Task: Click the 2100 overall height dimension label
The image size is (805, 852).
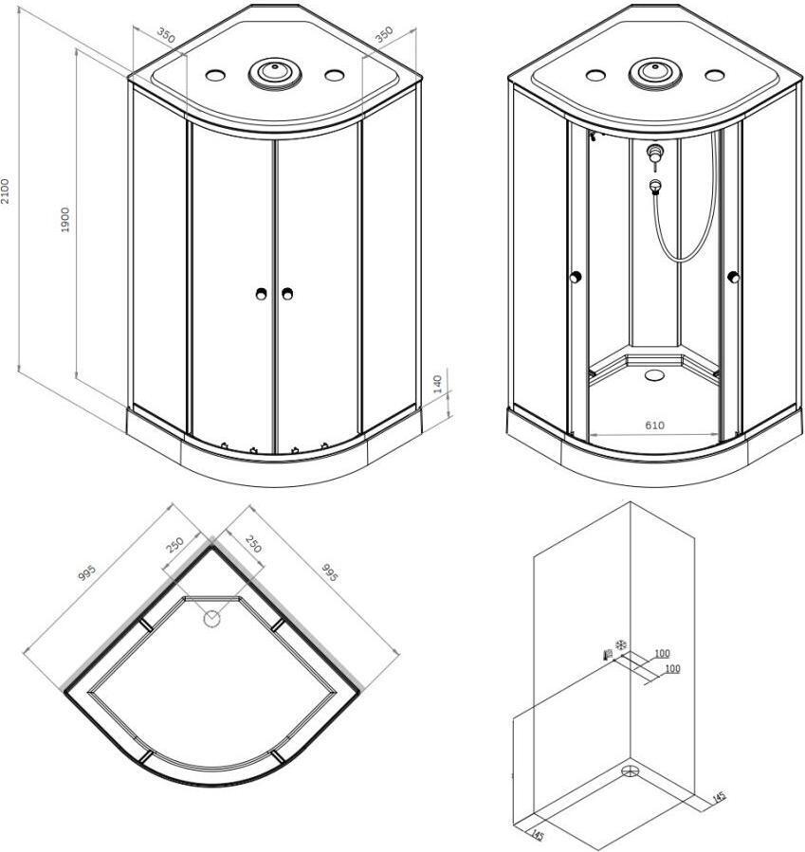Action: click(x=5, y=190)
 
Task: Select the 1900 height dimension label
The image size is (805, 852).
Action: click(x=64, y=220)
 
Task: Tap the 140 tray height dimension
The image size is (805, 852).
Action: click(x=438, y=384)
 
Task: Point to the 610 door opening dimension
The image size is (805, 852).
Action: click(x=654, y=425)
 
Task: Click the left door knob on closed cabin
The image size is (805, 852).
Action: click(x=261, y=294)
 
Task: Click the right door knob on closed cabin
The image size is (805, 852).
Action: click(x=287, y=294)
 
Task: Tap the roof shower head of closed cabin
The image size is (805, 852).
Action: click(x=275, y=72)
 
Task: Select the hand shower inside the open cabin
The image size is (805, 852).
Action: click(x=655, y=187)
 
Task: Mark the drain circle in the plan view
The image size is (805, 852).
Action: click(x=211, y=618)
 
